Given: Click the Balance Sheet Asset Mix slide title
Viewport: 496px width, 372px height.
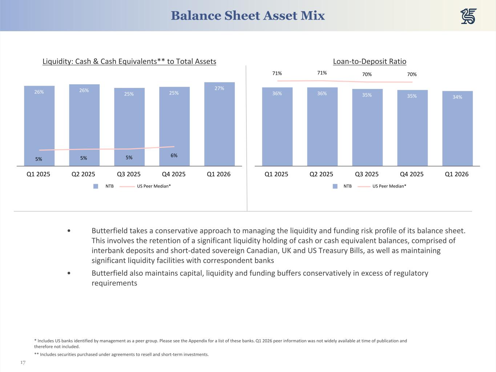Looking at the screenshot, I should coord(248,16).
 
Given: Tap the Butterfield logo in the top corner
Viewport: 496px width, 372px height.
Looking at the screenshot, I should coord(468,16).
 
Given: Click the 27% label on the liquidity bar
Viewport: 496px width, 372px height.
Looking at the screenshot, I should coord(219,88).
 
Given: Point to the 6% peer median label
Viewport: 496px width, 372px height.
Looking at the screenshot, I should coord(174,155).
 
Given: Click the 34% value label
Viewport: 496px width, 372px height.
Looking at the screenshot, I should coord(457,97).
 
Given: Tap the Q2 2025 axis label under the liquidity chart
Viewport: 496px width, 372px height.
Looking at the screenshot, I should coord(83,174).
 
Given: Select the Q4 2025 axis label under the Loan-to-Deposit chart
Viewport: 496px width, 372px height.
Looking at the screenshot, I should coord(412,174).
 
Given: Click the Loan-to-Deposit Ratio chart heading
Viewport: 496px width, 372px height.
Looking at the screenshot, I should coord(370,61).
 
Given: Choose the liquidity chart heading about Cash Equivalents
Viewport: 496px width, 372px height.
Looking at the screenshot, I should coord(129,61).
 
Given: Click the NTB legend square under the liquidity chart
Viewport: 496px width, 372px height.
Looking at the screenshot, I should coord(96,186).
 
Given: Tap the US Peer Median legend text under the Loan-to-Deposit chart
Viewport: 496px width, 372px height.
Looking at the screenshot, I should coord(389,186).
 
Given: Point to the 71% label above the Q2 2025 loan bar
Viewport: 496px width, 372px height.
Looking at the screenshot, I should coord(322,73).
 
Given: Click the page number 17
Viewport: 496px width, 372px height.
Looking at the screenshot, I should coord(23,363).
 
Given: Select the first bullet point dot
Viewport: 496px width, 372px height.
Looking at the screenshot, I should coord(69,231).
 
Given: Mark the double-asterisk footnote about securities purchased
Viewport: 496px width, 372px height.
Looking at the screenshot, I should coord(121,355).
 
